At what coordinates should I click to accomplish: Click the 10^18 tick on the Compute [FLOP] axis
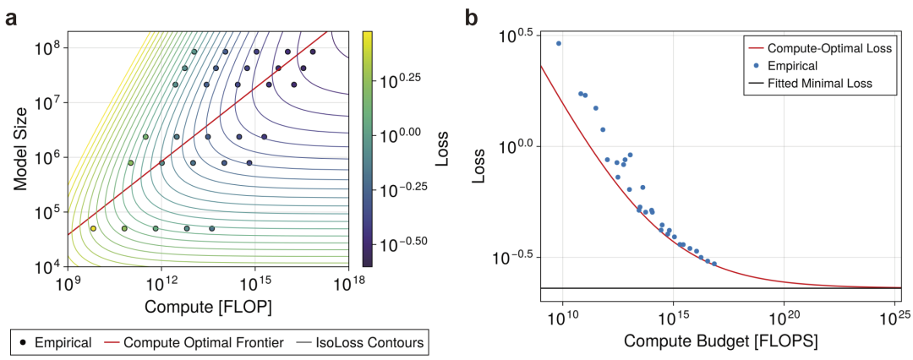348,285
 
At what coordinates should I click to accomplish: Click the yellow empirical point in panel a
93,228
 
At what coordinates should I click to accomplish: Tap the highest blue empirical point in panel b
558,43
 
